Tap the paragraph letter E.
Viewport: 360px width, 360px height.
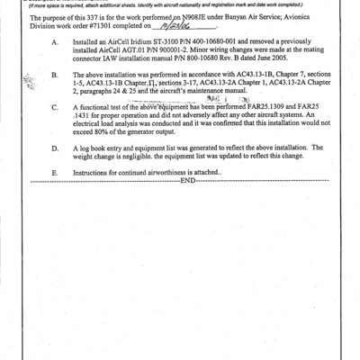(x=56, y=171)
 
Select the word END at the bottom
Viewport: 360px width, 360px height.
(x=187, y=180)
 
